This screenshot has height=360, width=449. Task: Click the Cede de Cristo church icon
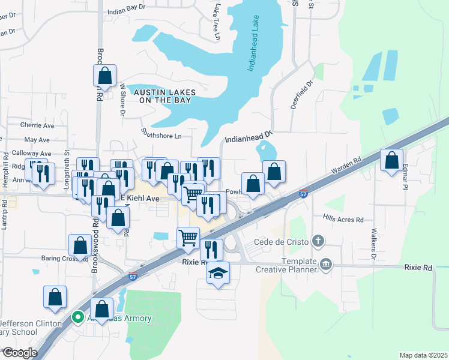pyautogui.click(x=318, y=242)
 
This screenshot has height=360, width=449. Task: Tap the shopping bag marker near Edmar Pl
pyautogui.click(x=391, y=160)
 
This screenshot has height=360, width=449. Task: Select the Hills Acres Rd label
pyautogui.click(x=343, y=220)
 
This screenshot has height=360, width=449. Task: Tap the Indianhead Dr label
pyautogui.click(x=249, y=139)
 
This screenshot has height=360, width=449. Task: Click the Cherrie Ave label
pyautogui.click(x=37, y=125)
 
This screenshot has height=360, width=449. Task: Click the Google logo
pyautogui.click(x=20, y=352)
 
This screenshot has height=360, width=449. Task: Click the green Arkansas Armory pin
pyautogui.click(x=77, y=317)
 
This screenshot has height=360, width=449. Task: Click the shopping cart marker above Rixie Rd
pyautogui.click(x=188, y=238)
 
